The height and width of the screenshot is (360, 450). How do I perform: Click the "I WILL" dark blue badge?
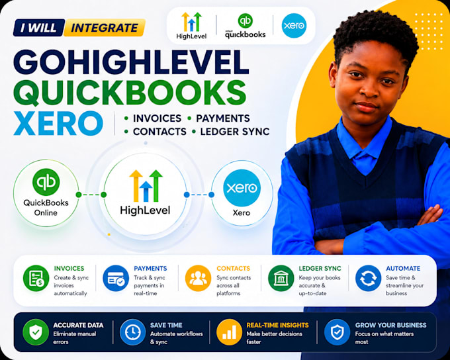click(x=39, y=28)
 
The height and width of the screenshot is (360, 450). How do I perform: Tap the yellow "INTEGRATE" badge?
click(x=105, y=28)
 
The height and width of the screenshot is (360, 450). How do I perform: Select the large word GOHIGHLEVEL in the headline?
click(x=131, y=62)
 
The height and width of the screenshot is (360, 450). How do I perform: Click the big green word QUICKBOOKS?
click(x=130, y=93)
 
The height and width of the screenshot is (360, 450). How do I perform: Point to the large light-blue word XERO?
click(x=58, y=124)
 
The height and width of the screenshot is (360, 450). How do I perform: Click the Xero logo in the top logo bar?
click(x=294, y=26)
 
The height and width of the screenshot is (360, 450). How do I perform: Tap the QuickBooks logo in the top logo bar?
click(x=246, y=26)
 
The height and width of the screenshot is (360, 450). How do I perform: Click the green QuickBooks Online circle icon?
click(x=46, y=182)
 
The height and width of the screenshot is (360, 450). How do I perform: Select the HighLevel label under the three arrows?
click(x=145, y=210)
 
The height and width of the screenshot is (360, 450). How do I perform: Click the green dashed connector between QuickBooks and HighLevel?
click(x=91, y=195)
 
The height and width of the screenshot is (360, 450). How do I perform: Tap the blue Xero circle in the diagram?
click(x=242, y=188)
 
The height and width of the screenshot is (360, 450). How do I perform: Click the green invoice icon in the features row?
click(x=36, y=278)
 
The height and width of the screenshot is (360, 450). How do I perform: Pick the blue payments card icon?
click(x=116, y=278)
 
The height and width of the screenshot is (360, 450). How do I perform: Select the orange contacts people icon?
click(x=199, y=278)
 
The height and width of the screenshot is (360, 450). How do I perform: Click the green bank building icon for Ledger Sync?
click(x=281, y=278)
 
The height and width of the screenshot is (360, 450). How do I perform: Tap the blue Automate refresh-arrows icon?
click(x=368, y=278)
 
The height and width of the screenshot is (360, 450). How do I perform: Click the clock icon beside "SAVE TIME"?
click(x=132, y=332)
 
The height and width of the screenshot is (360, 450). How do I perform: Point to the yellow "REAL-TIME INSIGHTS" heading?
click(x=277, y=325)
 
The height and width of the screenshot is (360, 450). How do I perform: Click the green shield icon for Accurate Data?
click(x=36, y=332)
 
